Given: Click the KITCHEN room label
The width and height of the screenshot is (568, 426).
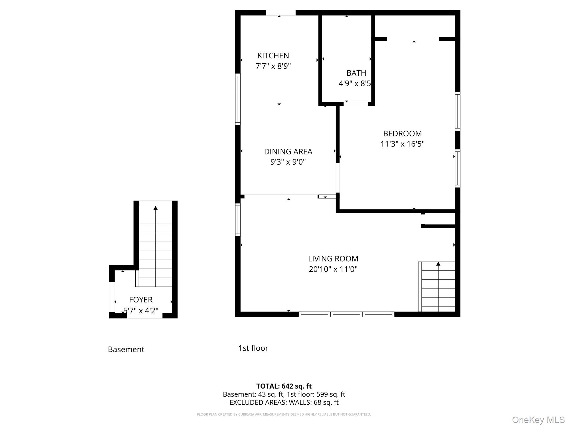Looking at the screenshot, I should [273, 55].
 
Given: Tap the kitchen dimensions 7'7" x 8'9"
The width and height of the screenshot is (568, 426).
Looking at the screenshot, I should [273, 66].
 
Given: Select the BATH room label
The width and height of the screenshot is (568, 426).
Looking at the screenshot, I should [356, 73].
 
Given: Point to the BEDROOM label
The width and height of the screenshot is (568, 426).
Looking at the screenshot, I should [402, 133].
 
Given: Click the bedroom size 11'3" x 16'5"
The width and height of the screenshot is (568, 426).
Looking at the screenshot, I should [402, 144].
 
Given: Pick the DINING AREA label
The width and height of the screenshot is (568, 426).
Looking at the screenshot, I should [288, 151].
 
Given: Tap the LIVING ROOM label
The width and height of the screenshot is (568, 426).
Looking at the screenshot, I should [333, 258].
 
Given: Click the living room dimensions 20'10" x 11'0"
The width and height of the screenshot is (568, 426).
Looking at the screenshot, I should [333, 269].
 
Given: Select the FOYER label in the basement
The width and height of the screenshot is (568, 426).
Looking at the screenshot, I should [141, 300].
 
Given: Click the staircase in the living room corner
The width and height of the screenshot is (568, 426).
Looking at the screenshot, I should [438, 287].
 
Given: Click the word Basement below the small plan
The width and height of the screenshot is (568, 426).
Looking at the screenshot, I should [126, 349].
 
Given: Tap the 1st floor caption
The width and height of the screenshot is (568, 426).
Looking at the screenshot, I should [253, 348].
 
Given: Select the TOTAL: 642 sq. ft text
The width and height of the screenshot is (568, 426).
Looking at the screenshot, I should [284, 386].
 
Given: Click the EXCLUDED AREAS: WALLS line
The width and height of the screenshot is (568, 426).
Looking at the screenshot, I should [284, 402].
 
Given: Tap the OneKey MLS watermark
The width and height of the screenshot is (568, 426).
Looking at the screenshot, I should [538, 420].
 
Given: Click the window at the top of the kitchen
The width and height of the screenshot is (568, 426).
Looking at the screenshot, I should [281, 13].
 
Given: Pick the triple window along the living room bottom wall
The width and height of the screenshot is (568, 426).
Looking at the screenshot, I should [346, 314].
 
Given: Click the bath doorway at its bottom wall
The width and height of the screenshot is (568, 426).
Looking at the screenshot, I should [356, 104].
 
